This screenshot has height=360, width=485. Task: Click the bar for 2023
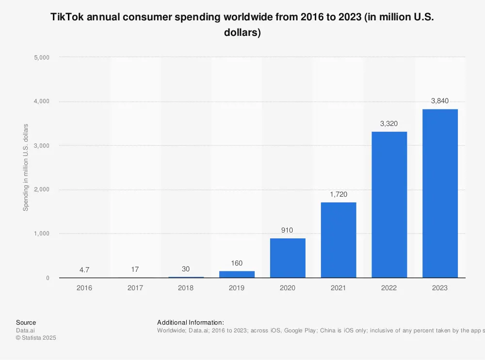click(x=440, y=193)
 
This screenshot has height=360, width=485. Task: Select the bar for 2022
click(x=389, y=204)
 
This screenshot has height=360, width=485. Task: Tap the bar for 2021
click(x=338, y=240)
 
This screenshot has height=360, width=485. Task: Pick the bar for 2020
click(x=288, y=258)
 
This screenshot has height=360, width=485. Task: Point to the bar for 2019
click(x=237, y=274)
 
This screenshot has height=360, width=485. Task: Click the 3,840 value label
click(x=440, y=101)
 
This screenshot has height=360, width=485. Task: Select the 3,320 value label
click(x=389, y=124)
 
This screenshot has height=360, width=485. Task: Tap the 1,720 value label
click(x=338, y=194)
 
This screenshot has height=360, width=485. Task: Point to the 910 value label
click(x=288, y=230)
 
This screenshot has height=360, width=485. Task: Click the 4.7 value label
click(x=84, y=269)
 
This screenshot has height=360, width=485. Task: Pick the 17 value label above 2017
click(x=135, y=269)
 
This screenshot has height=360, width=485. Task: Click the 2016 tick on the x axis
click(x=84, y=288)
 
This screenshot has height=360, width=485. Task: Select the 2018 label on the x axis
click(x=186, y=288)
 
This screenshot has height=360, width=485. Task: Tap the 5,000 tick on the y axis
click(x=41, y=57)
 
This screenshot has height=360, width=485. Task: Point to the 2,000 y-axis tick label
click(x=41, y=189)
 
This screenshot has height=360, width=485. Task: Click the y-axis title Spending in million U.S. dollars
click(x=26, y=167)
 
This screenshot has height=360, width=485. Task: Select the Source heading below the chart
click(x=26, y=323)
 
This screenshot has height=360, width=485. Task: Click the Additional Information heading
click(x=190, y=323)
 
